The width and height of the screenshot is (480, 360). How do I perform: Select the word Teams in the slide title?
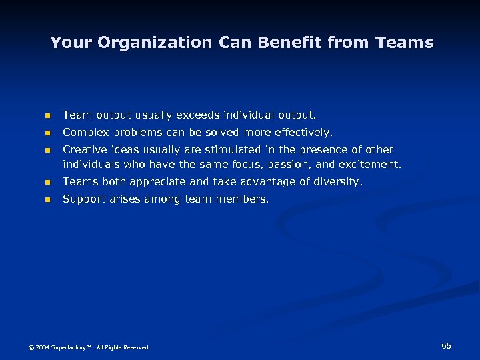coord(405,43)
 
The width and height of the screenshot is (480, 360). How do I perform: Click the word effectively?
coord(302,133)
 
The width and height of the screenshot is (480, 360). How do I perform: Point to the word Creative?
coord(85,150)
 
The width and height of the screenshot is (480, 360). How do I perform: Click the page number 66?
coord(446,345)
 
